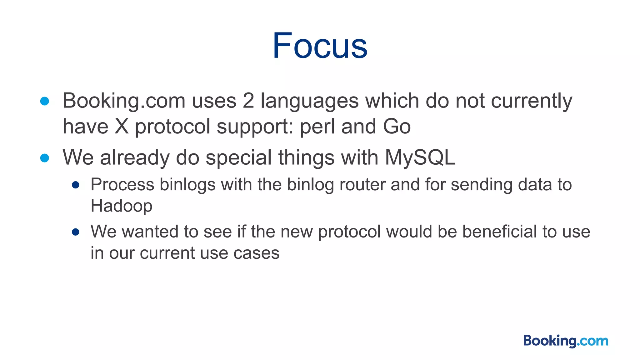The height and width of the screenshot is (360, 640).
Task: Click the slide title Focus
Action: click(320, 46)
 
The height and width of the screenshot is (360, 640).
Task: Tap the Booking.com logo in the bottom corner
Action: click(566, 341)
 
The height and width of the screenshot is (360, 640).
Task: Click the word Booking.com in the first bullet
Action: click(124, 101)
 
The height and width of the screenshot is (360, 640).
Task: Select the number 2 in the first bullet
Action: click(248, 101)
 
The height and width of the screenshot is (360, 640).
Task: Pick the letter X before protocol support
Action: click(122, 127)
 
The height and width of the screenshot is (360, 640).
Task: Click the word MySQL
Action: click(420, 157)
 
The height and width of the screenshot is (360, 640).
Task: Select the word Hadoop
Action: click(121, 206)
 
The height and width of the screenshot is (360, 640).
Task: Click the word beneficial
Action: click(499, 232)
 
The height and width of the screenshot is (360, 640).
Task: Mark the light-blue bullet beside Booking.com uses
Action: click(45, 101)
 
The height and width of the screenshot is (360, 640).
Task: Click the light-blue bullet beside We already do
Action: click(45, 158)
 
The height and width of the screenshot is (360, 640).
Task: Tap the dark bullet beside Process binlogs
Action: click(76, 185)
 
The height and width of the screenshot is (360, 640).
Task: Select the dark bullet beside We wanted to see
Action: click(76, 232)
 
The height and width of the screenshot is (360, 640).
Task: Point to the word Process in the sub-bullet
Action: click(122, 184)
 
